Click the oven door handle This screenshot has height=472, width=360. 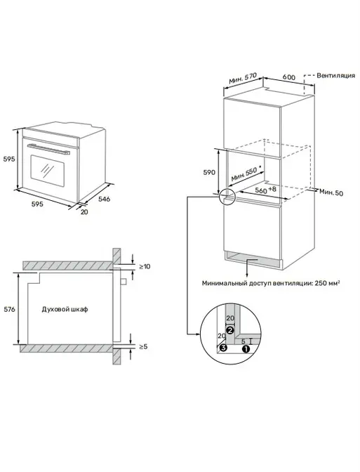pyautogui.click(x=48, y=150)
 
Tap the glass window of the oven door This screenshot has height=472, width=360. pyautogui.click(x=48, y=171)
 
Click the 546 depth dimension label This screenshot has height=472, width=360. pyautogui.click(x=105, y=199)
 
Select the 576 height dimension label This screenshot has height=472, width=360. pyautogui.click(x=9, y=309)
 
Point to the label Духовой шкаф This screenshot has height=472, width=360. pyautogui.click(x=65, y=309)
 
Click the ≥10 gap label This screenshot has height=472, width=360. pyautogui.click(x=145, y=266)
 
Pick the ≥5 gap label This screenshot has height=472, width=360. pyautogui.click(x=143, y=346)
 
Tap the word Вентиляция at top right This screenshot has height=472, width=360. pyautogui.click(x=336, y=76)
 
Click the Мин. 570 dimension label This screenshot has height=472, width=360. pyautogui.click(x=243, y=79)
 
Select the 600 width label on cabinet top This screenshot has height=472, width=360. pyautogui.click(x=289, y=77)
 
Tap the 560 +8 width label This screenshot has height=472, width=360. pyautogui.click(x=265, y=190)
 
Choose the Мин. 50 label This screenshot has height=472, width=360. pyautogui.click(x=331, y=192)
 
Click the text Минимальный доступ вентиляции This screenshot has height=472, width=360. pyautogui.click(x=257, y=283)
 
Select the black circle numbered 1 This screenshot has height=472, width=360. pyautogui.click(x=246, y=349)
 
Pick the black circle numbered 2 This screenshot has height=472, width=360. pyautogui.click(x=230, y=330)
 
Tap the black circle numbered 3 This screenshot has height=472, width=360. pyautogui.click(x=222, y=348)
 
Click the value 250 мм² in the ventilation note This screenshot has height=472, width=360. pyautogui.click(x=327, y=283)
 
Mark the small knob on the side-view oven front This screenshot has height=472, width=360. pyautogui.click(x=124, y=281)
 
